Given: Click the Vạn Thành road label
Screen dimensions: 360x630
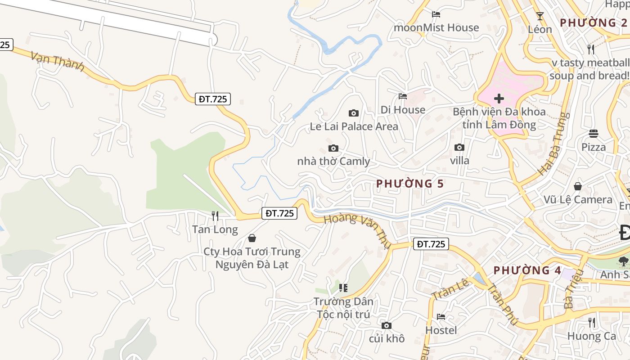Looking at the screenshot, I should (58, 62).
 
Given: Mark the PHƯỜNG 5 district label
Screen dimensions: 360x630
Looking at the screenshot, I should (410, 184).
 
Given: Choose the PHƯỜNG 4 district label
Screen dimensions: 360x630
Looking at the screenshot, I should (527, 270).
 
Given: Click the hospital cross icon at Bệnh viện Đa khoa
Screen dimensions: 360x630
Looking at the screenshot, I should (499, 99).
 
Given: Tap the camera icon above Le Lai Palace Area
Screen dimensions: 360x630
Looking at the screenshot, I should (354, 113).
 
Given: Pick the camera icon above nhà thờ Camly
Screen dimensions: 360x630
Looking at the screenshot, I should (333, 148).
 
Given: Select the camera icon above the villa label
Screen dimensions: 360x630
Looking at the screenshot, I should (459, 147).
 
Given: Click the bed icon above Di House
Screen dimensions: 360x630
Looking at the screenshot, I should (403, 96).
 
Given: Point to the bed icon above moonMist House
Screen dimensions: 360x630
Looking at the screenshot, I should (436, 14).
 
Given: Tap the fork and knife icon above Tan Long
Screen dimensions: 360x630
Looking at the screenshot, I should (215, 216).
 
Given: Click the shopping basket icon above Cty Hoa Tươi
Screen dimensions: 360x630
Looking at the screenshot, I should (252, 238).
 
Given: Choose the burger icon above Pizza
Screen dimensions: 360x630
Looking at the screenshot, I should (594, 134).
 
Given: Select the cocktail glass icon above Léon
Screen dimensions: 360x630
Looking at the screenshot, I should (540, 16).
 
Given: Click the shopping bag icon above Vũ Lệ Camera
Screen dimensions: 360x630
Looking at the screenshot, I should (578, 186).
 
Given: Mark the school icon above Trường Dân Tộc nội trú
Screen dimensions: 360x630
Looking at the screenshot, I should (343, 288).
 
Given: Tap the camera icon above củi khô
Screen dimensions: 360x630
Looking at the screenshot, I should (386, 325).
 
